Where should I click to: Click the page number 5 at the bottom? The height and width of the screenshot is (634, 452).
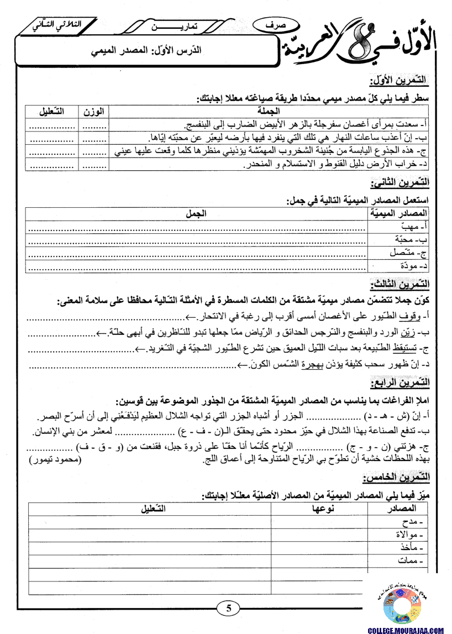pyautogui.click(x=228, y=609)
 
